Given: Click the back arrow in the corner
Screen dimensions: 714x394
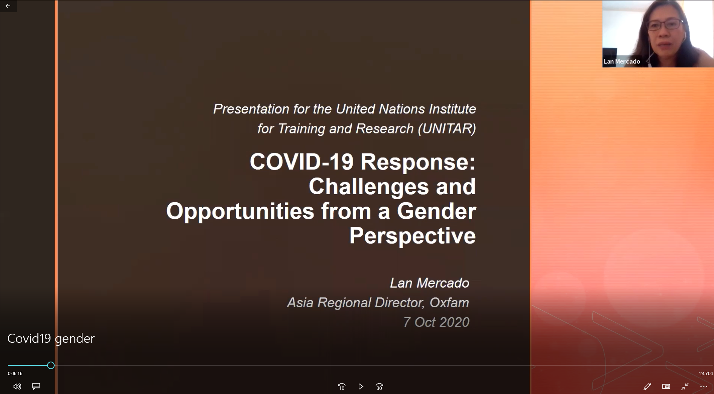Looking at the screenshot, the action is [x=8, y=6].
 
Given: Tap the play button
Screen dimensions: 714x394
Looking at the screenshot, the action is [x=361, y=386].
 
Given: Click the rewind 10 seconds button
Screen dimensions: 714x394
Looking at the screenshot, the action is [x=342, y=386].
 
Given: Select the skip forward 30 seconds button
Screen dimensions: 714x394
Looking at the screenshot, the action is [x=379, y=386].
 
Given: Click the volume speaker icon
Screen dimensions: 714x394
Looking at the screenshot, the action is [x=17, y=386].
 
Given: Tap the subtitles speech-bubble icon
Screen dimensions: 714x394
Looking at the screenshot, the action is [x=36, y=386].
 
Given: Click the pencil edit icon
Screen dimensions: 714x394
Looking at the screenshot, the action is [x=647, y=386].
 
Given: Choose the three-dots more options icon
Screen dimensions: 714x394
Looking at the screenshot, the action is [x=704, y=386].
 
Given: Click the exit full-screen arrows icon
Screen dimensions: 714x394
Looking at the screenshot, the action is [x=685, y=386].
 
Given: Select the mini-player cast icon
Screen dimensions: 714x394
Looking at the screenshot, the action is [x=666, y=386].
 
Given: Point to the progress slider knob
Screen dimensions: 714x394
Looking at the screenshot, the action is [x=51, y=365].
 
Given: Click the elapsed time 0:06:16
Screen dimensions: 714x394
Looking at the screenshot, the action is [x=15, y=374].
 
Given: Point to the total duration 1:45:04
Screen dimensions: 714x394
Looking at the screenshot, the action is [x=705, y=374].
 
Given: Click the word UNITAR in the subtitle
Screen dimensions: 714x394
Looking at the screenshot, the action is [x=446, y=129].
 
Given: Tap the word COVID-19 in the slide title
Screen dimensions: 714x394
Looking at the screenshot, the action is [x=302, y=161].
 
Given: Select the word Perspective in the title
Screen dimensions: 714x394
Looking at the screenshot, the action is [x=413, y=236].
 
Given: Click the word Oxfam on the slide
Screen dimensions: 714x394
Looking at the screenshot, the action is [x=449, y=302].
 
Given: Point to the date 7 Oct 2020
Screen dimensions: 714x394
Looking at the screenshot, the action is [x=436, y=322].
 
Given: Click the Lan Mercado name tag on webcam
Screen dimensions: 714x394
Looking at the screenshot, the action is [x=622, y=61].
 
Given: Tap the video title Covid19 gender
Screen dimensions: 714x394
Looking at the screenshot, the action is [x=51, y=338].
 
